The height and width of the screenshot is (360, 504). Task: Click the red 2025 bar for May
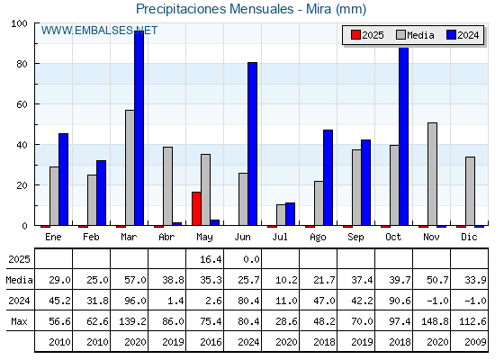click(x=196, y=209)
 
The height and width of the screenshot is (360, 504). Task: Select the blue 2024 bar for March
click(x=139, y=128)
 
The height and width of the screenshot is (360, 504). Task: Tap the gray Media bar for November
click(x=432, y=174)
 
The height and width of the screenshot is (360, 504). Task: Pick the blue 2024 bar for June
click(x=252, y=144)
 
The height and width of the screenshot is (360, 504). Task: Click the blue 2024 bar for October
click(x=404, y=136)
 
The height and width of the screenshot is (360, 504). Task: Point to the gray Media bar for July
click(x=281, y=215)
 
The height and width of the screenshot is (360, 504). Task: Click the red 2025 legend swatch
click(x=355, y=35)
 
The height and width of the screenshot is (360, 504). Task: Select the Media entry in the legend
click(x=415, y=35)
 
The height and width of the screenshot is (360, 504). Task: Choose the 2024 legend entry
click(x=463, y=35)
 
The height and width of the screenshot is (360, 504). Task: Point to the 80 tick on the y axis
click(x=22, y=64)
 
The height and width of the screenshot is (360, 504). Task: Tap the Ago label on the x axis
click(x=318, y=238)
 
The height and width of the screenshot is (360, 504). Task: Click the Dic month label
click(x=469, y=237)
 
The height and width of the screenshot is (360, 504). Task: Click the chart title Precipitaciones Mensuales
click(x=215, y=9)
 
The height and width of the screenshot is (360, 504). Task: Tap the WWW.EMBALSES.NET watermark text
click(x=99, y=31)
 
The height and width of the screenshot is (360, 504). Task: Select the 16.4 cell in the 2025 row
click(x=211, y=259)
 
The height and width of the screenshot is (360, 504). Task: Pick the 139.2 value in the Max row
click(x=132, y=321)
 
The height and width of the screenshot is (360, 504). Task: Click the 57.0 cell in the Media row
click(x=135, y=280)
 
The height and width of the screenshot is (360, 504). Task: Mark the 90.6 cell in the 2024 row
click(x=400, y=301)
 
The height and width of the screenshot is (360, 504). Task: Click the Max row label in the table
click(x=19, y=321)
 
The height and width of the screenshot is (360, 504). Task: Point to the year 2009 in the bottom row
click(x=475, y=342)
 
